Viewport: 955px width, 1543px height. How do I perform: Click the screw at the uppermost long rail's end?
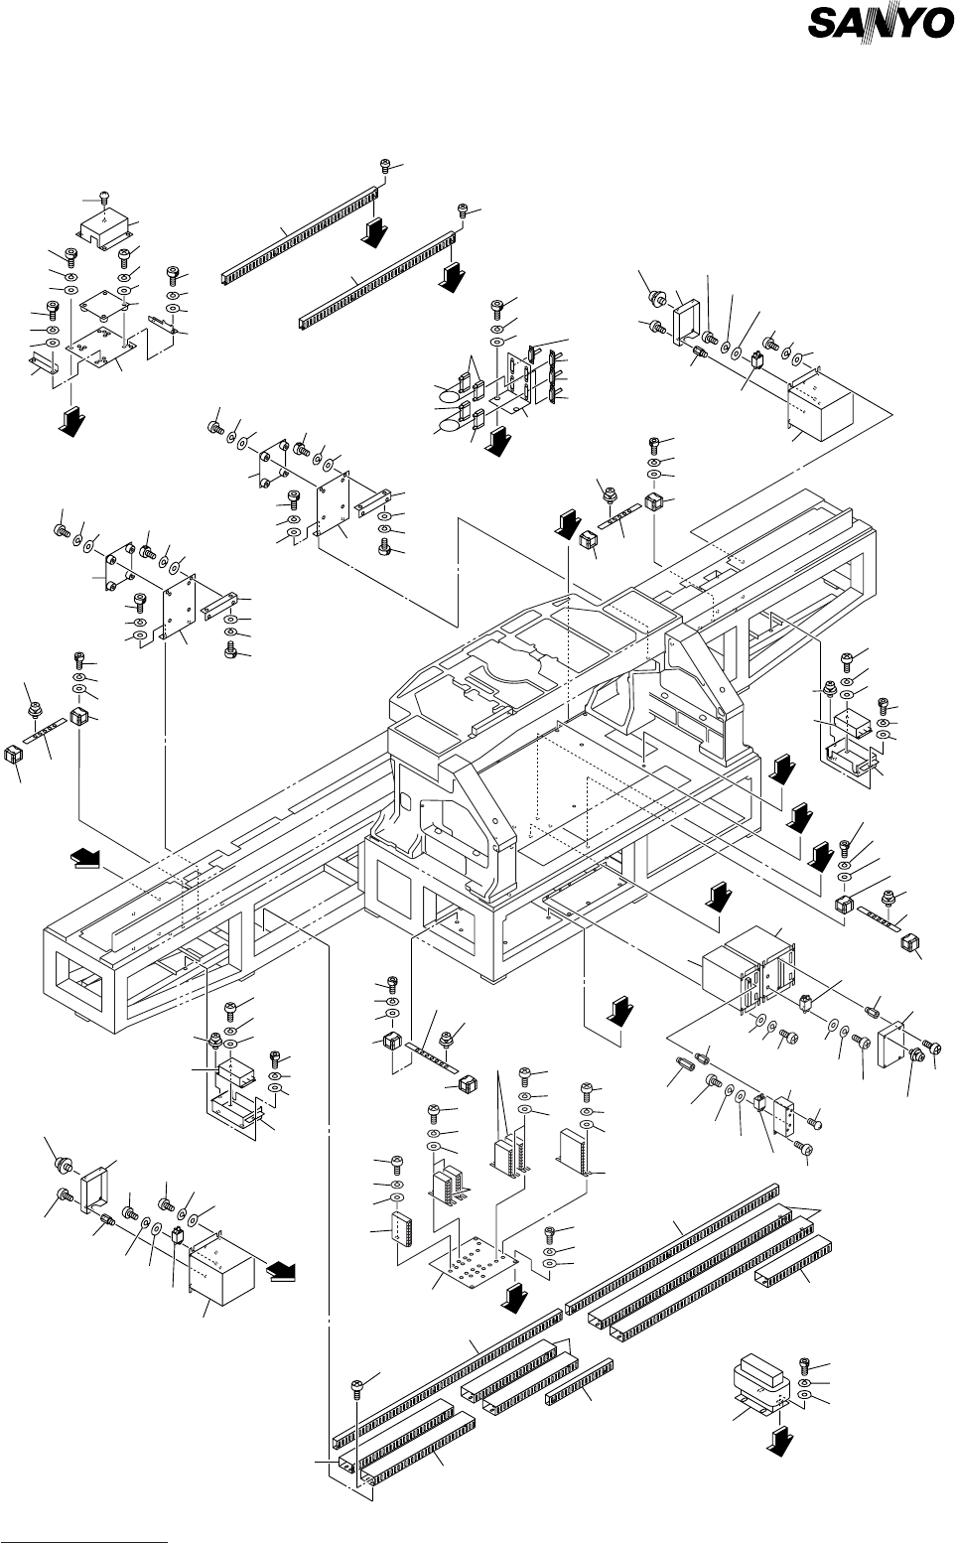click(385, 168)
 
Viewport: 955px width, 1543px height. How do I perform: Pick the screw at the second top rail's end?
click(463, 210)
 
